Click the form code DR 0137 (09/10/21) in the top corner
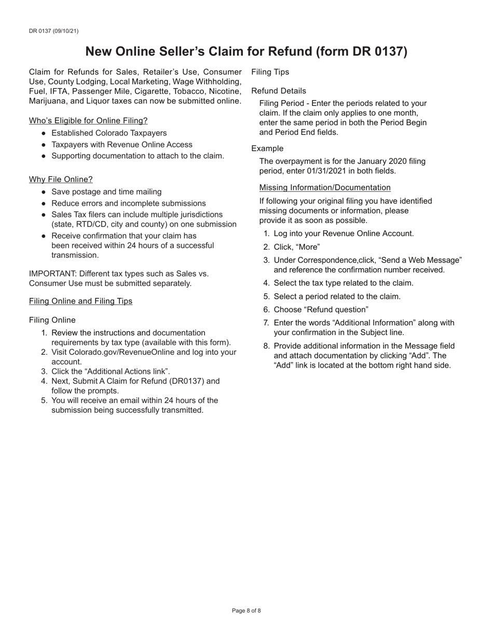point(54,31)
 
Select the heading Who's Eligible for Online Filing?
point(88,120)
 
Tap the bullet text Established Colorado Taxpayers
point(109,133)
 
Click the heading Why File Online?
point(61,179)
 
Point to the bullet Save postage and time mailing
point(106,192)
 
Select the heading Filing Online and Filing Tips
point(80,301)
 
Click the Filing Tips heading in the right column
point(270,72)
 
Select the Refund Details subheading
point(279,91)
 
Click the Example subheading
point(267,148)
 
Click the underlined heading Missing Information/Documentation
point(325,187)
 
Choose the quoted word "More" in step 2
point(308,247)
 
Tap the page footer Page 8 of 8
point(246,611)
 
